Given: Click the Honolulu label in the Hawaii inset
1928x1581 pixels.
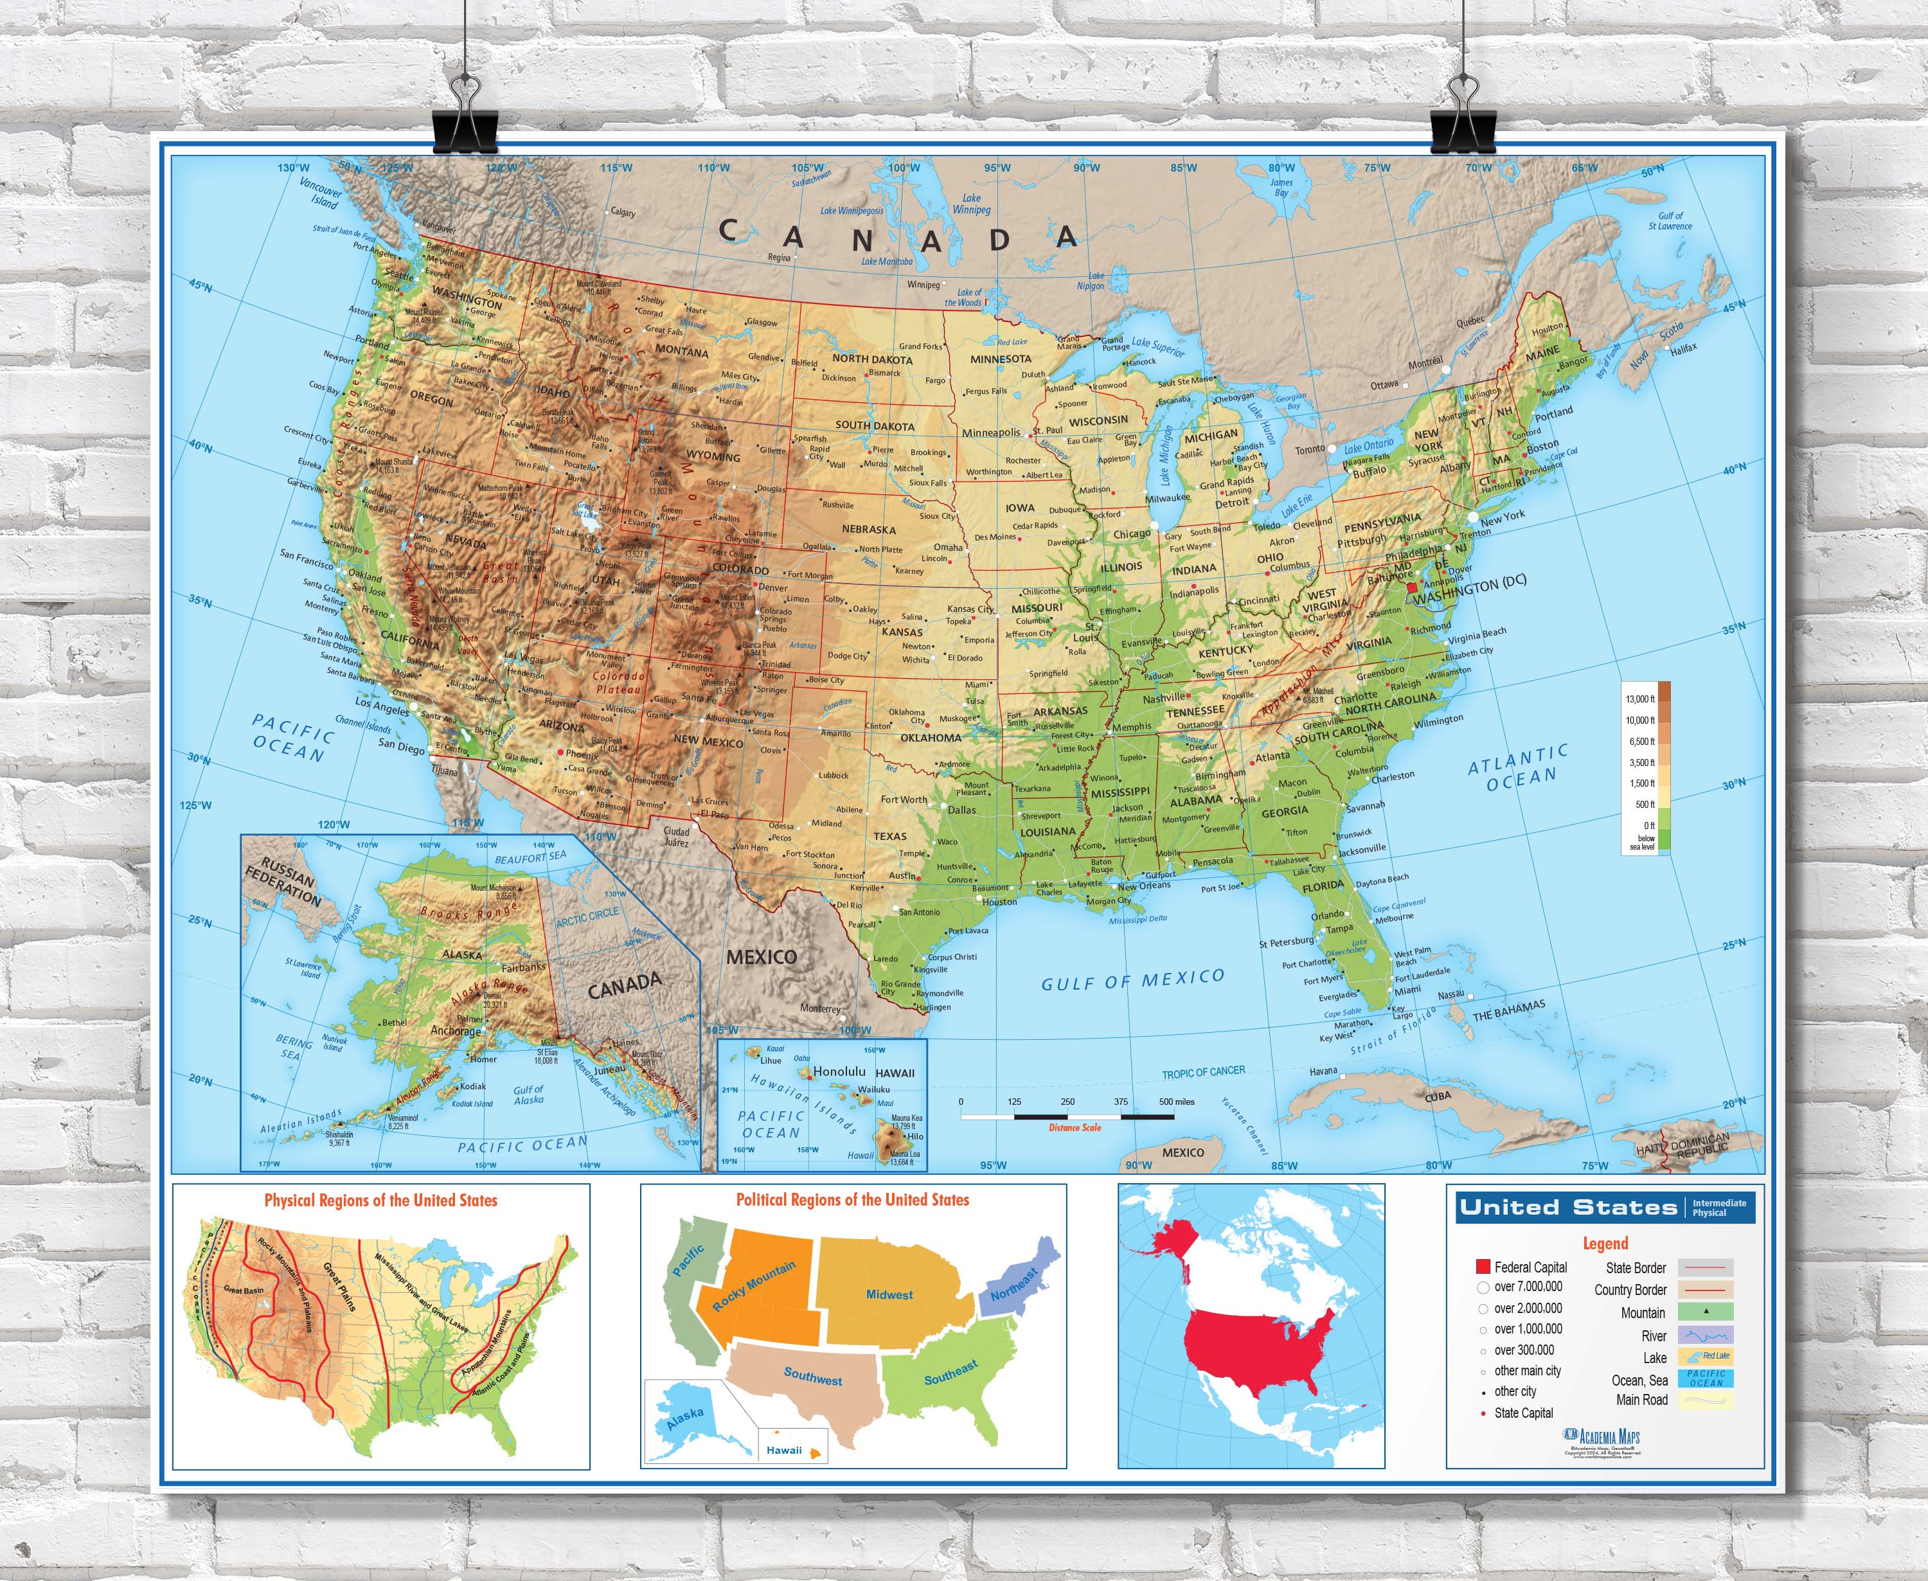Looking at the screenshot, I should point(839,1071).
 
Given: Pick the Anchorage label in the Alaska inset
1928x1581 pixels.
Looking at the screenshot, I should point(456,1031).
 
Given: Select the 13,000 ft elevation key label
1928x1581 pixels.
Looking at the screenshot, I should point(1639,699).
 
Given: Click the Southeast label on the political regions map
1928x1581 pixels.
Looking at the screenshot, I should point(951,1372).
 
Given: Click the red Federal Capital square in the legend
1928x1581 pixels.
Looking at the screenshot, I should point(1483,1267).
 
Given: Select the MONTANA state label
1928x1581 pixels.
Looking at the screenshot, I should point(681,352).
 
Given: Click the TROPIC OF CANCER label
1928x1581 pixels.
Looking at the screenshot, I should point(1202,1072).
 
